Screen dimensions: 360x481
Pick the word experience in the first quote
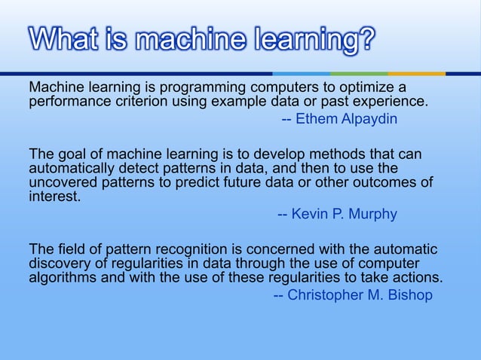tap(389, 102)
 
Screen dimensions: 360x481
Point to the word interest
tap(54, 196)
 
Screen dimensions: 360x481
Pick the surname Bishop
tap(410, 294)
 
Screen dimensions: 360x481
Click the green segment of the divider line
tap(359, 74)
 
